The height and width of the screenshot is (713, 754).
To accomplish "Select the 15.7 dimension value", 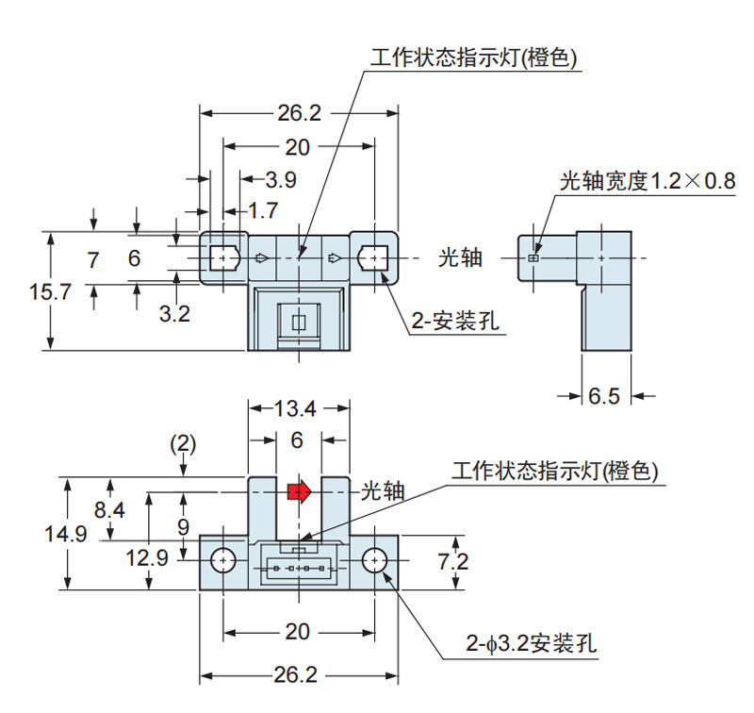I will (x=50, y=291).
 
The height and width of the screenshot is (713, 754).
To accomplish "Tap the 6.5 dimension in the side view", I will (x=604, y=396).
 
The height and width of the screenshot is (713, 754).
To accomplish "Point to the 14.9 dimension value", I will (x=65, y=534).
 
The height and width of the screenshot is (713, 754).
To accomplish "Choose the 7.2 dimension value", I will (x=454, y=561).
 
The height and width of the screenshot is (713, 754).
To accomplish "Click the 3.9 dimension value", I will (x=281, y=179).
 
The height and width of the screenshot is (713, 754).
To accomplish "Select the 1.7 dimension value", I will (x=263, y=208).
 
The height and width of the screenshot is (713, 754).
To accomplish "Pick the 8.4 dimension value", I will (x=111, y=509).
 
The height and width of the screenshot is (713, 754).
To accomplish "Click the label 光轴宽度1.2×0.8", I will (x=647, y=181).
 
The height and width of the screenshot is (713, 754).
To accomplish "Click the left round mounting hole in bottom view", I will (x=222, y=560).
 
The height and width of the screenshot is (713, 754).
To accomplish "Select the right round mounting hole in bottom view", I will (x=374, y=560).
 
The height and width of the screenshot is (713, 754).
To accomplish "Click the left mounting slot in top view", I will (x=222, y=257).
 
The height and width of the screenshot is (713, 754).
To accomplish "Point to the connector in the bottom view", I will (x=298, y=569).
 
